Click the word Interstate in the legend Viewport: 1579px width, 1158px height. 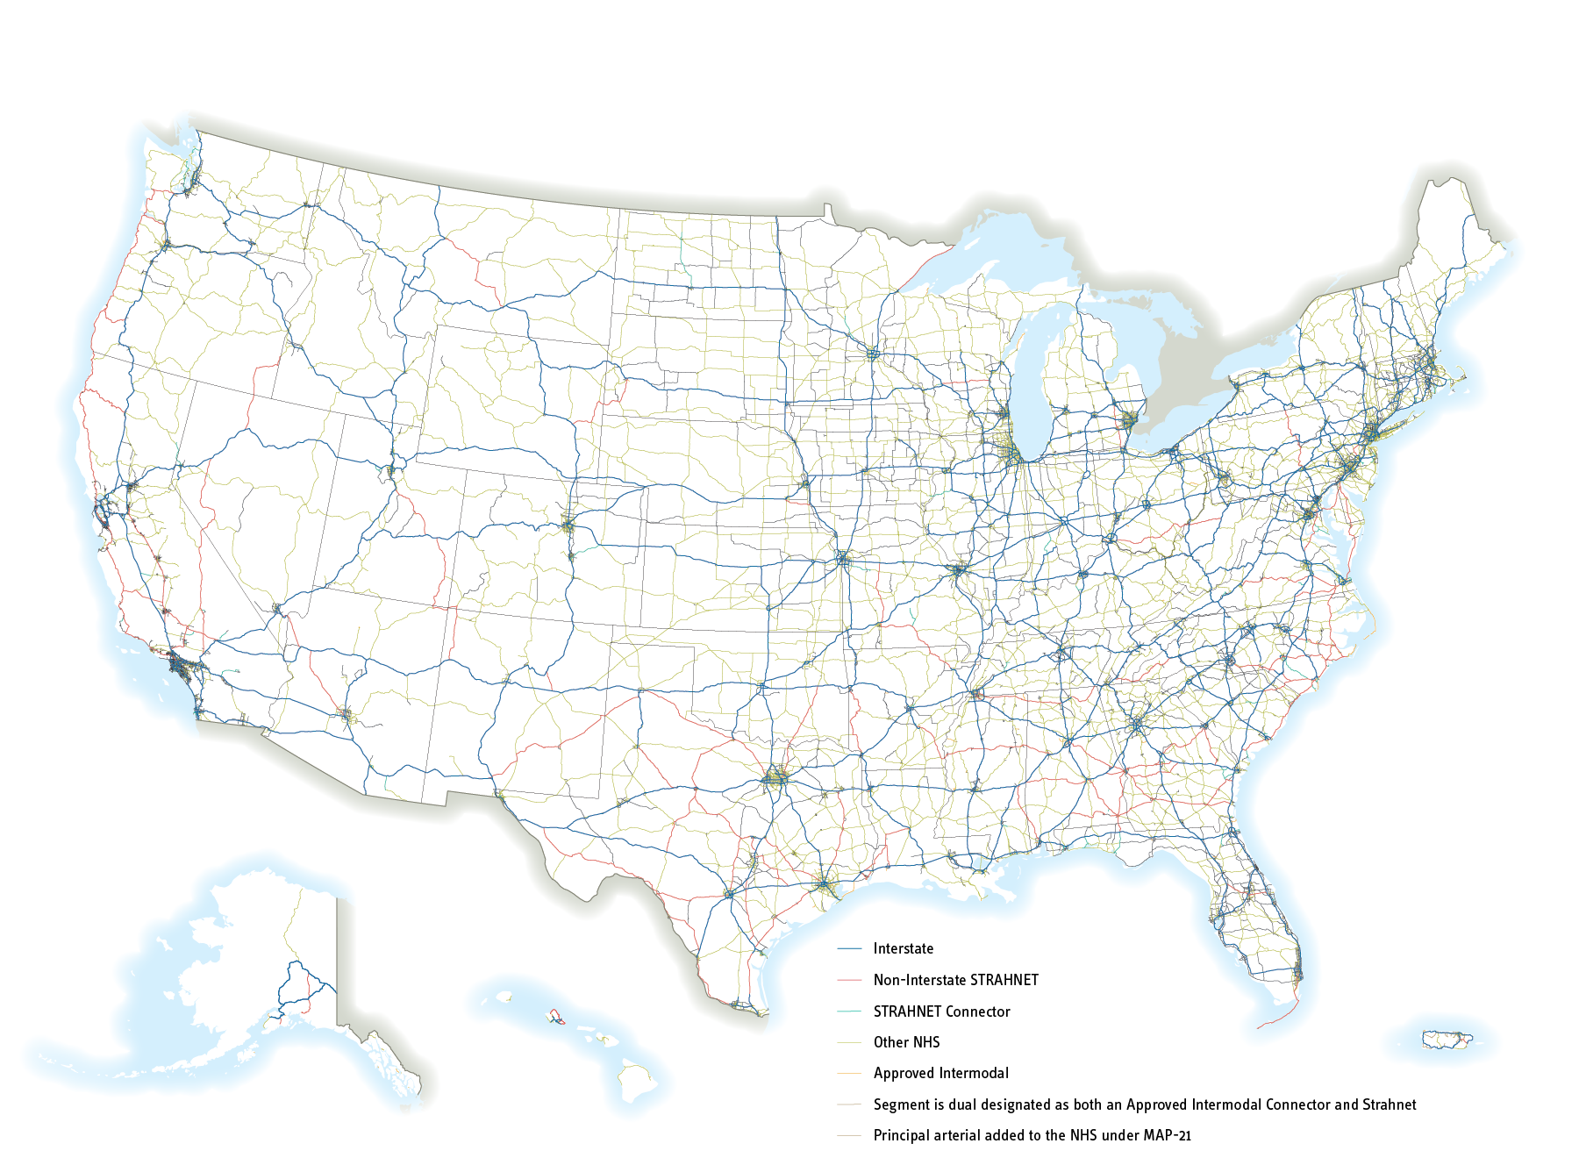(903, 948)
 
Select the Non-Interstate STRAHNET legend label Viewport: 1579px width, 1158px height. (955, 980)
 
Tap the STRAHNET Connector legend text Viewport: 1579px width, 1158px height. (941, 1011)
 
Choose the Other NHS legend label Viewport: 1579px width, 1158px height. (906, 1042)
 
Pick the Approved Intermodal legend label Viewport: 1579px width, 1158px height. (940, 1073)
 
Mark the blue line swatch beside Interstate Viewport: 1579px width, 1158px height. (850, 949)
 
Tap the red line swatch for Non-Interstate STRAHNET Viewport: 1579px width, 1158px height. (850, 981)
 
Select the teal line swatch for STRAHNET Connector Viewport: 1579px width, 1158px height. (850, 1012)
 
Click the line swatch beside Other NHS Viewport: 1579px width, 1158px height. (850, 1043)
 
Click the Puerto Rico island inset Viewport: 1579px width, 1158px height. (1446, 1040)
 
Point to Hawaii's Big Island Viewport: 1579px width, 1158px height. (639, 1081)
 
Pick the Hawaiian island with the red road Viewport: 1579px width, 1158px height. (554, 1017)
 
